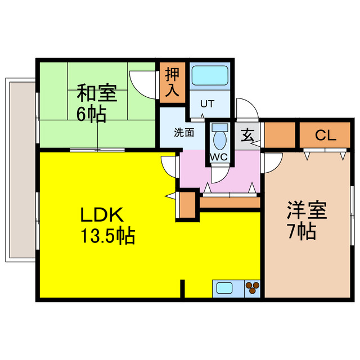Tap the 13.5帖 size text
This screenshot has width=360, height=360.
click(x=105, y=236)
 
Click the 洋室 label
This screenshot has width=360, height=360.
click(x=307, y=211)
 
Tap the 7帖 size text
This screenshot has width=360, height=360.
click(x=301, y=231)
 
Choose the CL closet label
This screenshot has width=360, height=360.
click(x=325, y=136)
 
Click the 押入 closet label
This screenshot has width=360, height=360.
click(x=172, y=83)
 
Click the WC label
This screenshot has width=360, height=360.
click(x=218, y=157)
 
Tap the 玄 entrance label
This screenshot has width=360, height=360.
click(x=247, y=135)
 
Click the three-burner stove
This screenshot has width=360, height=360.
click(x=253, y=288)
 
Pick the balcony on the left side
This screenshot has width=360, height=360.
click(x=21, y=169)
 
